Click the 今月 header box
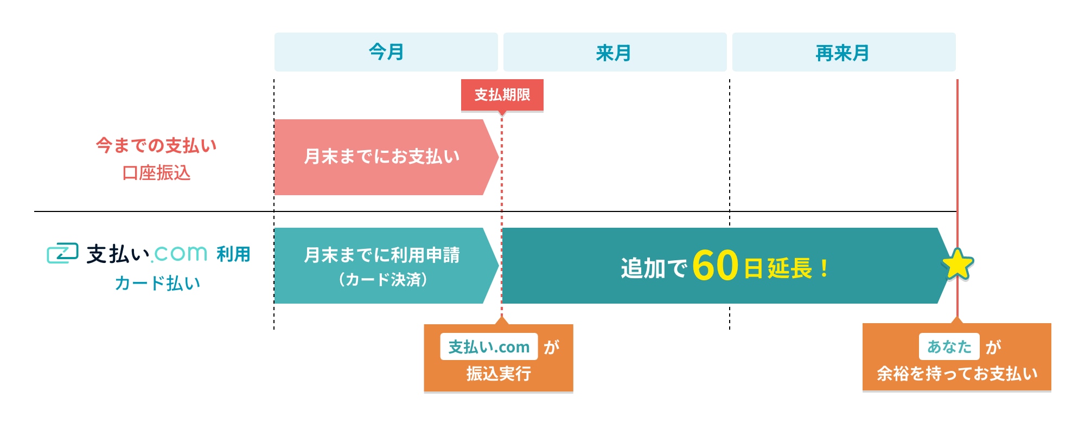386,52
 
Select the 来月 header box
615,52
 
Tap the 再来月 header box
844,52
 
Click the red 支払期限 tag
502,95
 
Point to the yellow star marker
958,265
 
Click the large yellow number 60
716,266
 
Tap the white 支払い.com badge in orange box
489,346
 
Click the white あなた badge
949,346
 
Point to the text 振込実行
499,374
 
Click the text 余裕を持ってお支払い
957,374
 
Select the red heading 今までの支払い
156,145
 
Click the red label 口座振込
156,173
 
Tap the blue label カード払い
157,283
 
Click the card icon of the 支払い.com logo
62,253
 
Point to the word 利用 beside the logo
233,254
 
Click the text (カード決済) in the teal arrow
382,280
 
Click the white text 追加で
654,268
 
